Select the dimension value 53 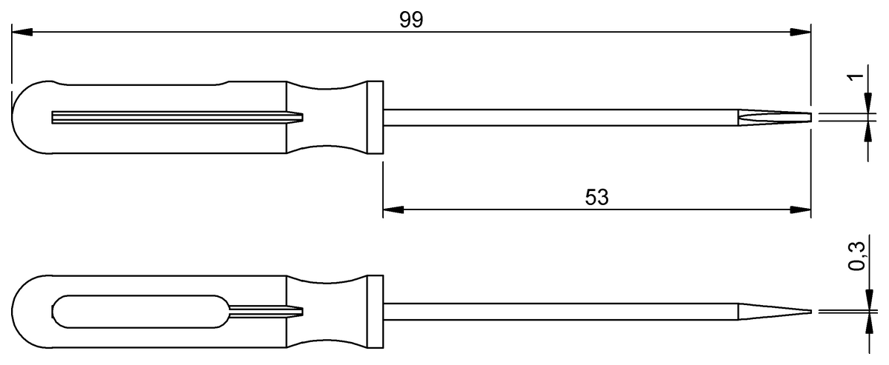[x=596, y=198]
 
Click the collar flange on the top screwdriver [x=376, y=117]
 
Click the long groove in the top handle [x=170, y=117]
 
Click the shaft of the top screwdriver [x=556, y=117]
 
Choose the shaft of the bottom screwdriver [x=556, y=312]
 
